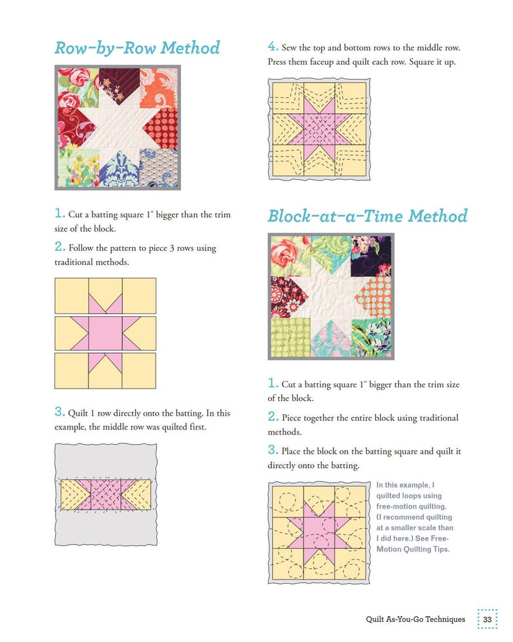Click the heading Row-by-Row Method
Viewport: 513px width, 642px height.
pos(137,48)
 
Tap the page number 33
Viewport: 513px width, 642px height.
pos(487,619)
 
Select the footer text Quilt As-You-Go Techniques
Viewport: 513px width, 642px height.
pos(415,619)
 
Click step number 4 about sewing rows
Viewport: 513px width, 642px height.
pos(273,47)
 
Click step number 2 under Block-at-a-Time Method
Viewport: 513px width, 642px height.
pos(273,417)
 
